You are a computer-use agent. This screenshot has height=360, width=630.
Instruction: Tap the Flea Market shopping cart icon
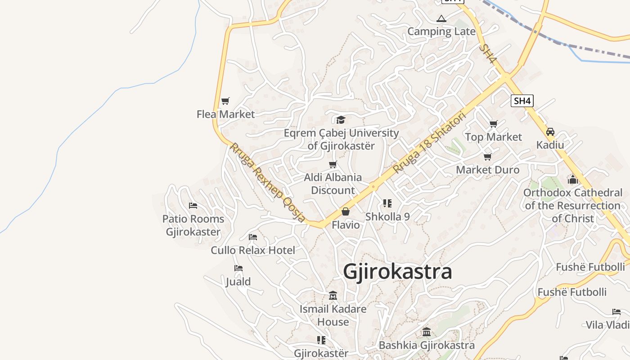click(x=225, y=101)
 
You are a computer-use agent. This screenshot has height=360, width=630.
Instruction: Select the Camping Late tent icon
click(x=441, y=18)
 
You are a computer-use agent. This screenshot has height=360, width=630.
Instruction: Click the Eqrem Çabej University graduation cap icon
click(x=341, y=120)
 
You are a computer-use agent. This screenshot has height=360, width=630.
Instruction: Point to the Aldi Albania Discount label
click(x=333, y=184)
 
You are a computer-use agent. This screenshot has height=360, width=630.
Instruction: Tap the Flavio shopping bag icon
click(x=346, y=211)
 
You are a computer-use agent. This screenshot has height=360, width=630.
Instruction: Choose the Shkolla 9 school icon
click(x=387, y=203)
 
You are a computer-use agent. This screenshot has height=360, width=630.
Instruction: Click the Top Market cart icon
click(x=494, y=124)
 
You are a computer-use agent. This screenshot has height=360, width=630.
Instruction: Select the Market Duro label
click(x=488, y=170)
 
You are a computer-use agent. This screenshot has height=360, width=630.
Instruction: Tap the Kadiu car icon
click(x=550, y=132)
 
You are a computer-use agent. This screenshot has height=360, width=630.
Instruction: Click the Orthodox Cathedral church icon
click(x=573, y=180)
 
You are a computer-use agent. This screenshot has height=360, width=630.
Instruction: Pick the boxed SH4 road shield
click(x=522, y=101)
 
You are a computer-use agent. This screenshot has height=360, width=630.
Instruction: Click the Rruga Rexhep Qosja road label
click(x=268, y=182)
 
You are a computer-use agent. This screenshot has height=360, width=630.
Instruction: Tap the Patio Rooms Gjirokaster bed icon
click(x=193, y=206)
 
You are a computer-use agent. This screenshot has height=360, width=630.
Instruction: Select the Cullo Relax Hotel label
click(x=253, y=250)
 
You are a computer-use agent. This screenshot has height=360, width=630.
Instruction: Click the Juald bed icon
click(x=238, y=268)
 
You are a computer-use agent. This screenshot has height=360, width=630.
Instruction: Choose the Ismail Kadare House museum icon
click(x=333, y=296)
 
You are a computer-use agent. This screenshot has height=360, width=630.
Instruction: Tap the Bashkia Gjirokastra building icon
click(x=427, y=332)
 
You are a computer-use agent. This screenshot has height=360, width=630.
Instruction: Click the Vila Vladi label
click(x=607, y=325)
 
